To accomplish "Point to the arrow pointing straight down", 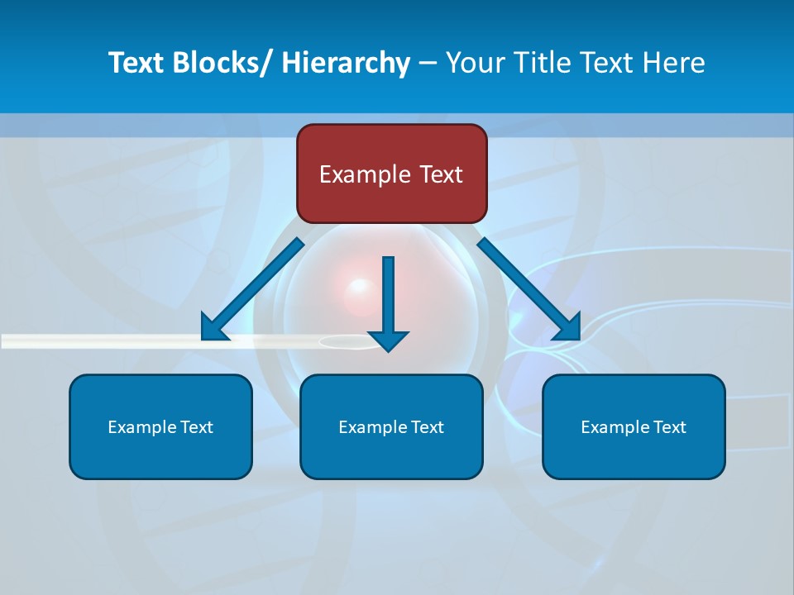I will (x=388, y=302).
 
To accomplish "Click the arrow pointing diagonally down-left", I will (x=252, y=289).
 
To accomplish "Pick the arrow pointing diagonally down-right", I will (x=529, y=289).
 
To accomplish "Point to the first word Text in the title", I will (x=136, y=63).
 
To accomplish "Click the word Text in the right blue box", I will (x=668, y=427).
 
